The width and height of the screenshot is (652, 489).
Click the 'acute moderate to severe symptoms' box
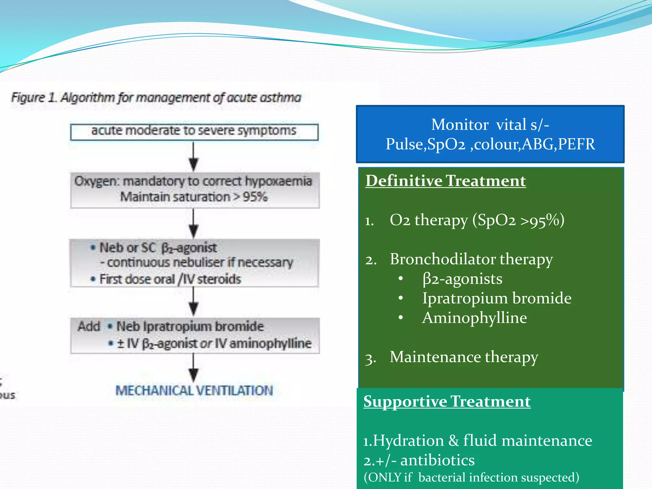(194, 131)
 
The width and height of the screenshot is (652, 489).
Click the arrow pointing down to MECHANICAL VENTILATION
(194, 367)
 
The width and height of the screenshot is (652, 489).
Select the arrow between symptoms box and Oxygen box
(194, 156)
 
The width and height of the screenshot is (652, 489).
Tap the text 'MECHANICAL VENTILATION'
(194, 391)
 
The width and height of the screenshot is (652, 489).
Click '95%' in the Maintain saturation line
(255, 197)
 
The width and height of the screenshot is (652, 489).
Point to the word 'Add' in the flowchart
(89, 327)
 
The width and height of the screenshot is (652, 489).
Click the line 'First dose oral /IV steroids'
(170, 279)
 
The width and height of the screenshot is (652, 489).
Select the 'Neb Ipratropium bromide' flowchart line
(190, 327)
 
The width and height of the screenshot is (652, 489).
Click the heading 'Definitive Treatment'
(445, 181)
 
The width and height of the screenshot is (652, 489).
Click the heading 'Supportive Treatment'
(447, 401)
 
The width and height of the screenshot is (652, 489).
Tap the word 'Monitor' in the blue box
(459, 124)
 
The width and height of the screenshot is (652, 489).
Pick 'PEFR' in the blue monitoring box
(576, 144)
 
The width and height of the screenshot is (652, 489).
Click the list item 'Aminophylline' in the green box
(474, 318)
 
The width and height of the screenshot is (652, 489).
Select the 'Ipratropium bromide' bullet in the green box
(497, 298)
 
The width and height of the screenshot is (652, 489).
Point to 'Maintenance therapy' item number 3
(464, 357)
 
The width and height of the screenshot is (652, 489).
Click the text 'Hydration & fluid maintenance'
(482, 441)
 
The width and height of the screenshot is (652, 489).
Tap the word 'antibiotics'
(437, 460)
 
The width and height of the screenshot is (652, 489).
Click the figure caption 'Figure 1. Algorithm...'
(156, 97)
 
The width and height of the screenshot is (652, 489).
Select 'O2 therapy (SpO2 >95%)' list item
(477, 220)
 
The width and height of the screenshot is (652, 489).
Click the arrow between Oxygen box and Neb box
(194, 223)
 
